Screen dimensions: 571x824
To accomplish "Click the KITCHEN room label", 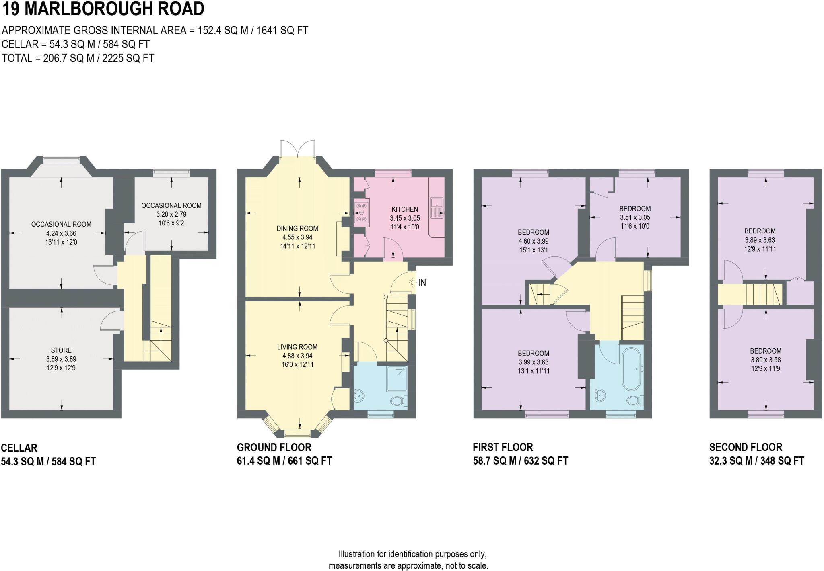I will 405,209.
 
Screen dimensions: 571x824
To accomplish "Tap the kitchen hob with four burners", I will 360,213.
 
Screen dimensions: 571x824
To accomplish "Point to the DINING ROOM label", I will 297,229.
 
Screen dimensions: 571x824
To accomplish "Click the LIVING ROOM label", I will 297,347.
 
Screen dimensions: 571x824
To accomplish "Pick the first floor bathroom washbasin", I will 599,395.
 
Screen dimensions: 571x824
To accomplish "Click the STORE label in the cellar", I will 61,350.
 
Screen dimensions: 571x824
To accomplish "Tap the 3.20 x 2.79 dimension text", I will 171,214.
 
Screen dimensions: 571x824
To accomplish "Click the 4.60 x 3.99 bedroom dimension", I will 534,241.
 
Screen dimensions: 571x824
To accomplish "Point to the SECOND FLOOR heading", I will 746,447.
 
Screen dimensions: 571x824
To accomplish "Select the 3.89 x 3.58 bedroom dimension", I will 765,360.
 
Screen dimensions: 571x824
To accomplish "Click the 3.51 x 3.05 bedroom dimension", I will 635,217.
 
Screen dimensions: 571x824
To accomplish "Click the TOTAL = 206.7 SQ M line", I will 78,58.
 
